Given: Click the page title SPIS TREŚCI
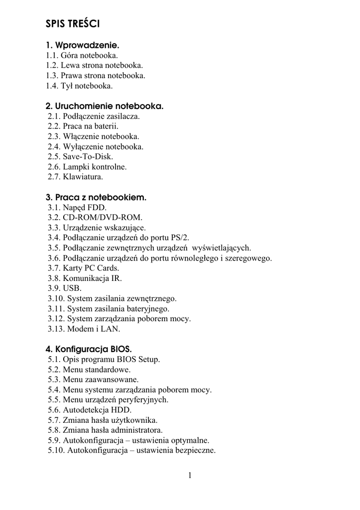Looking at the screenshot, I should click(x=74, y=23).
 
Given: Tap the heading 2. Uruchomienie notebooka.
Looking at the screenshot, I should click(x=104, y=106).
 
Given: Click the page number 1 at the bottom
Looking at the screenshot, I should click(x=190, y=475).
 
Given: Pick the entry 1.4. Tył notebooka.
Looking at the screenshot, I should click(x=79, y=86).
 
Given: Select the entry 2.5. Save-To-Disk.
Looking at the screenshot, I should click(x=81, y=156).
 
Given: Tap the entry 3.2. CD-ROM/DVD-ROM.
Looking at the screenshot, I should click(x=95, y=218).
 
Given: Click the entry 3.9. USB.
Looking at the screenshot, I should click(x=65, y=288).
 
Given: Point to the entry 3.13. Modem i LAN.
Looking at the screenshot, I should click(x=84, y=329).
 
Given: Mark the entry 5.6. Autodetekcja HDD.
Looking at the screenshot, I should click(x=90, y=410).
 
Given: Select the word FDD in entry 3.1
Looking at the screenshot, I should click(x=97, y=207).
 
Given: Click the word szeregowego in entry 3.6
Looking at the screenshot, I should click(x=248, y=258).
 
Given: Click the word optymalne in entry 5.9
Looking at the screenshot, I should click(x=190, y=440).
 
